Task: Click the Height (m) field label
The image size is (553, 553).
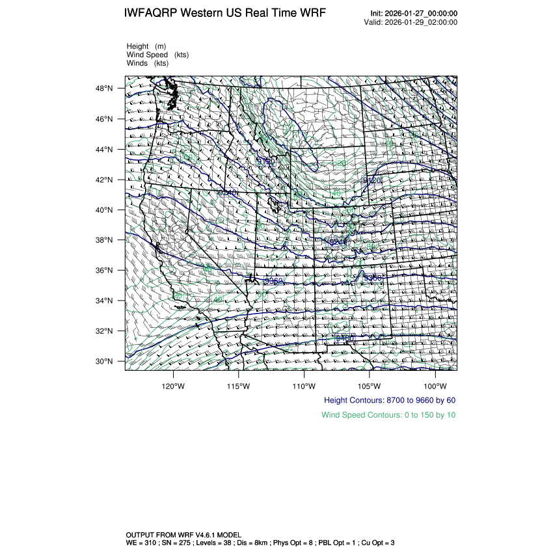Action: coord(146,46)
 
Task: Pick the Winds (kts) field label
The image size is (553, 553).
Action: coord(148,63)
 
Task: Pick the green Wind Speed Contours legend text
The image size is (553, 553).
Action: coord(388,414)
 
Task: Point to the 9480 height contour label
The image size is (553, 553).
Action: coord(345,338)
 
